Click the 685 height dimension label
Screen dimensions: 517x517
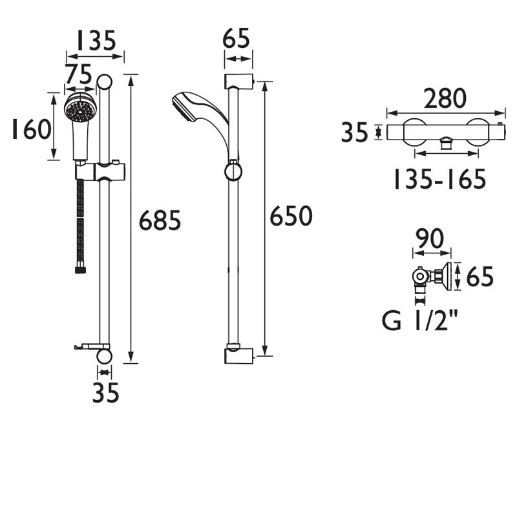point(160,221)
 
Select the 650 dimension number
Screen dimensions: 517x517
point(291,216)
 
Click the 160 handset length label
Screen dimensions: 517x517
point(30,129)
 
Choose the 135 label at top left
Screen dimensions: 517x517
point(96,41)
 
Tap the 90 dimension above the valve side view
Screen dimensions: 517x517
point(430,239)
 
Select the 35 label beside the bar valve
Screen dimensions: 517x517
point(354,132)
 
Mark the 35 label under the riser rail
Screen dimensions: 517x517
point(105,393)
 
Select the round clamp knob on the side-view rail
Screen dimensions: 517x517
point(233,171)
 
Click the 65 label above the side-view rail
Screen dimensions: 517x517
point(238,40)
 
